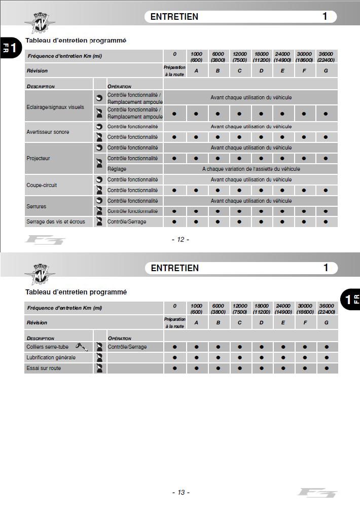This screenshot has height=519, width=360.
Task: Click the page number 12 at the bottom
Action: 181,240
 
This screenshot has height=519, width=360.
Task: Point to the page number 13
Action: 181,492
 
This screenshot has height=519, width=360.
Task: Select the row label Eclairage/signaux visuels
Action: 55,107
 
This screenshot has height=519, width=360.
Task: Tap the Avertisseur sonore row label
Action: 48,132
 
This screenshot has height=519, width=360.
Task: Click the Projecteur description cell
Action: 39,158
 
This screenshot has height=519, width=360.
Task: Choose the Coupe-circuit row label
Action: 42,185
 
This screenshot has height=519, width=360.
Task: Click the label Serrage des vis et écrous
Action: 56,221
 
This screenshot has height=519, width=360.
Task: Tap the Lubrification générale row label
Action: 51,357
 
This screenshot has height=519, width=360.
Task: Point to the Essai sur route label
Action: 44,368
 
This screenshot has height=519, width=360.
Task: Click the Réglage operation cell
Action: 117,169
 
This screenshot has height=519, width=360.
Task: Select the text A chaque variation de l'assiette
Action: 251,169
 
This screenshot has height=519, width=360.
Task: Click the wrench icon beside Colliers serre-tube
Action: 81,347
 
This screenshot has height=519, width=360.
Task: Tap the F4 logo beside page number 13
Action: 317,492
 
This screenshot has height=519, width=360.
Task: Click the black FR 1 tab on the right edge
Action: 350,299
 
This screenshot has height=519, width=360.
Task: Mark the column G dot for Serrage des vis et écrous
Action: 326,221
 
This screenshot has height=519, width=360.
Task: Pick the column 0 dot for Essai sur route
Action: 175,368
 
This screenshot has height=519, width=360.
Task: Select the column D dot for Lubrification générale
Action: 261,357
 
